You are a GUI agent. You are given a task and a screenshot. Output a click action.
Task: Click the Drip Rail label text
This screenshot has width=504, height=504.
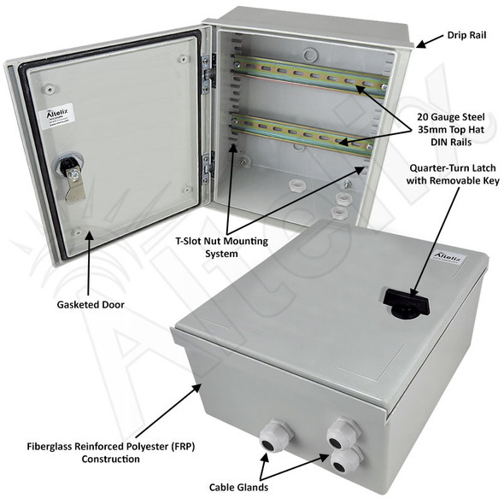467,37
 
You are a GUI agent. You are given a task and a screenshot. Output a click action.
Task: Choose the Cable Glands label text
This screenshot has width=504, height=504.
239,488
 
